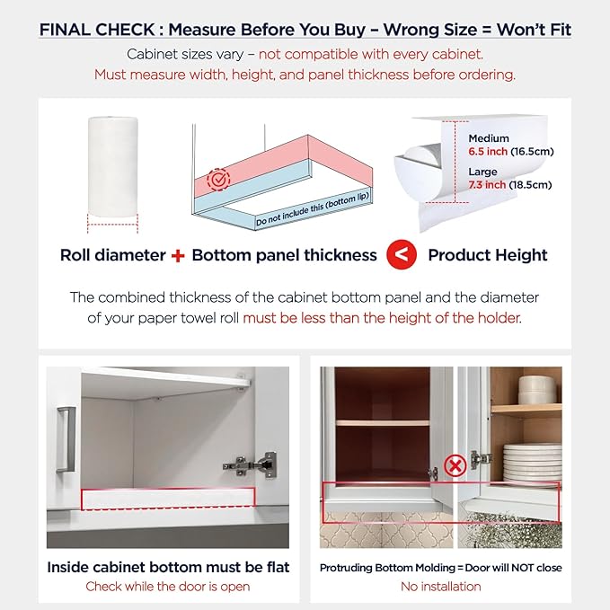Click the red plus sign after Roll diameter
(178, 256)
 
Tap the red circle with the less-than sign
(402, 254)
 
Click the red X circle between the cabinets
(455, 465)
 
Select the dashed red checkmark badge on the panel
(218, 180)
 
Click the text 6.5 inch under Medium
(488, 151)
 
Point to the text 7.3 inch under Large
(487, 184)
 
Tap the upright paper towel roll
(113, 166)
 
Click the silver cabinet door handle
(66, 439)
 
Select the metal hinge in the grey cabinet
(250, 464)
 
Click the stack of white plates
(533, 463)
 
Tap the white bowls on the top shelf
(539, 390)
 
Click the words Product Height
(488, 255)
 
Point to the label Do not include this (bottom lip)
(313, 209)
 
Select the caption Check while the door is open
(168, 587)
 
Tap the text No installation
(441, 587)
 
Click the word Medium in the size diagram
(489, 138)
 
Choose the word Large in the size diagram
(482, 172)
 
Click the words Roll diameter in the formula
(113, 255)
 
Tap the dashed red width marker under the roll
(113, 224)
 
